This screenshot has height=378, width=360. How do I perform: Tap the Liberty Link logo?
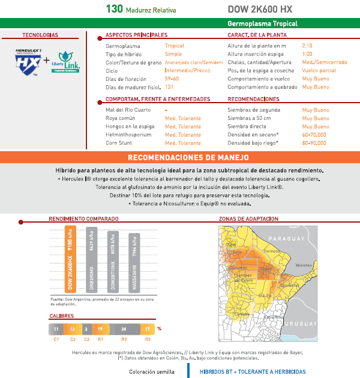65,62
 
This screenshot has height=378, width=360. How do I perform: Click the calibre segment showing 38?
124,329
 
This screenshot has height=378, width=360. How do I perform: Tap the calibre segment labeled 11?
56,329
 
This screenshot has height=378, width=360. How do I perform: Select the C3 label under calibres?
86,340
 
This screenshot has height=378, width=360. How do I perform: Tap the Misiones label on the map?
304,265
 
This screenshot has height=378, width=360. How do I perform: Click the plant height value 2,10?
307,46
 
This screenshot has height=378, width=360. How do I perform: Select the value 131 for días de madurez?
169,87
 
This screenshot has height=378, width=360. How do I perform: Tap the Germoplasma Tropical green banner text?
262,24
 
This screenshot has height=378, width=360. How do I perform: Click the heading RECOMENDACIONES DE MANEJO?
180,157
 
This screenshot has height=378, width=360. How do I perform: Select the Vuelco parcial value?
319,70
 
